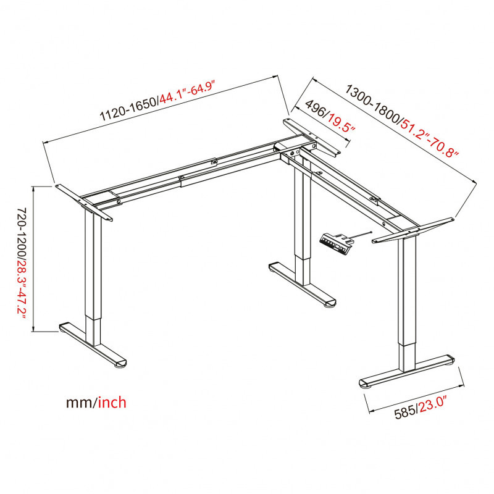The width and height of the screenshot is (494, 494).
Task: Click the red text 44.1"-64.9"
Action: (x=187, y=92)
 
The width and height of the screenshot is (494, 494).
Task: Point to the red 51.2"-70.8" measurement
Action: (x=429, y=138)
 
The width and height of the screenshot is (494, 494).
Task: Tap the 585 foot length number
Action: (x=406, y=412)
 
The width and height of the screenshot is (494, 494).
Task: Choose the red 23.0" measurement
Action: (x=433, y=404)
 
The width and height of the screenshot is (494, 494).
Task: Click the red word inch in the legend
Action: (x=112, y=403)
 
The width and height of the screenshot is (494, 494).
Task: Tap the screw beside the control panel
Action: (x=362, y=235)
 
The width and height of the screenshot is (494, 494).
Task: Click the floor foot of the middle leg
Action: (x=303, y=285)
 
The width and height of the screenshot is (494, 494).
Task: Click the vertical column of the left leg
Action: (x=93, y=277)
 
